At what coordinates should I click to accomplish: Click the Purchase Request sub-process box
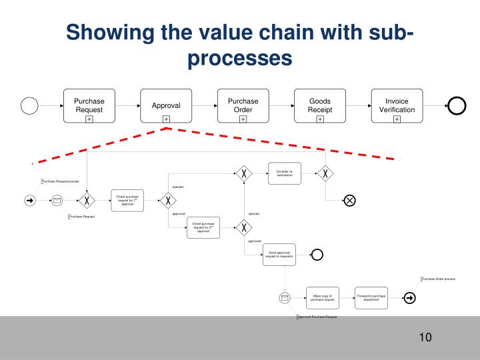(89, 105)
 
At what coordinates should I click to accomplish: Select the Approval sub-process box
(166, 105)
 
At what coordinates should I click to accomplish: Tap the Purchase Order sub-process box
(243, 105)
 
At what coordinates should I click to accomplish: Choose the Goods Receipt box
(319, 105)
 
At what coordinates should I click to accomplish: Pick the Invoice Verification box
(397, 105)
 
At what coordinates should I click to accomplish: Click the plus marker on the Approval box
(166, 119)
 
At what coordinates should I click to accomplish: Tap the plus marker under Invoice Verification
(397, 119)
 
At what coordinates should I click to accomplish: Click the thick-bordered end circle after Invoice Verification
(457, 105)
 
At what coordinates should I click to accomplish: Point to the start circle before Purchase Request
(29, 105)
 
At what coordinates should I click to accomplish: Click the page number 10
(425, 337)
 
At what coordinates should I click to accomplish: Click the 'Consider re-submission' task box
(285, 173)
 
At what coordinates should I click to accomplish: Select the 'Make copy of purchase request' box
(322, 297)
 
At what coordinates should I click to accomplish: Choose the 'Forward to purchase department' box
(371, 297)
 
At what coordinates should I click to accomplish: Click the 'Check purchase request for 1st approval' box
(127, 200)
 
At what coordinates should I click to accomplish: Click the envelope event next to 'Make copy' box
(285, 297)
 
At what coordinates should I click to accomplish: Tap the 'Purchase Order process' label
(439, 279)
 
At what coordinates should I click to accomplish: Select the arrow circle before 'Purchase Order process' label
(409, 297)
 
